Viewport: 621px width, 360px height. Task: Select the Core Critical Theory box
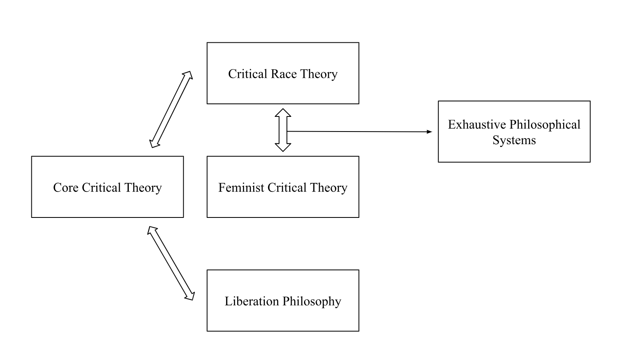[x=107, y=204]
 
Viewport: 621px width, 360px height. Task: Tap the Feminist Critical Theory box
[x=283, y=204]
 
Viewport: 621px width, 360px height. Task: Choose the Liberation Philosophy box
[x=283, y=318]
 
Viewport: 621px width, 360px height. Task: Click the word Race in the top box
[x=284, y=74]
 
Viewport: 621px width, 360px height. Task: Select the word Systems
[x=514, y=140]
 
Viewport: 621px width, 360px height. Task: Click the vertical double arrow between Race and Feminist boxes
[x=283, y=130]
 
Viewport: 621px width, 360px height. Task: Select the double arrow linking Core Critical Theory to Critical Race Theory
[x=171, y=109]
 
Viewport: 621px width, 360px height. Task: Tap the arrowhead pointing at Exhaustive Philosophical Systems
[x=429, y=132]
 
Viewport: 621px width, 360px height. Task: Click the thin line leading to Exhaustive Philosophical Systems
[x=359, y=132]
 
